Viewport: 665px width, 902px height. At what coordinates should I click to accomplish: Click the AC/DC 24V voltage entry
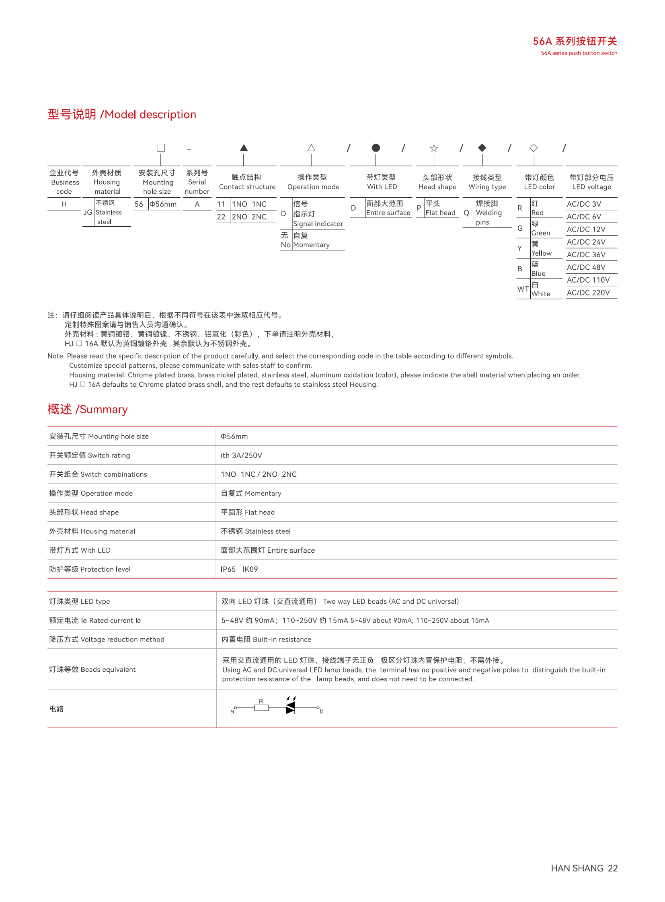tap(586, 242)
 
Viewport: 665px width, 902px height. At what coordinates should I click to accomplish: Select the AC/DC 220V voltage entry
tap(588, 293)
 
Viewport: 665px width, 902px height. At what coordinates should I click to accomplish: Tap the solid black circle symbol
tap(376, 148)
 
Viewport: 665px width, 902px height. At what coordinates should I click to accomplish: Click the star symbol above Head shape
tap(433, 148)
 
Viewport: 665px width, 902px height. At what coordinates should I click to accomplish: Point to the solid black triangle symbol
tap(244, 148)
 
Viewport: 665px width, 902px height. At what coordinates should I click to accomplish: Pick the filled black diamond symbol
tap(482, 148)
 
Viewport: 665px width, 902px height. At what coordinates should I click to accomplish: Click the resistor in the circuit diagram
tap(261, 707)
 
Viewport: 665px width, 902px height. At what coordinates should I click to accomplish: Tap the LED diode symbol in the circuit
tap(290, 707)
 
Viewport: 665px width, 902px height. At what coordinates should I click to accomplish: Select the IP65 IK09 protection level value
tap(239, 569)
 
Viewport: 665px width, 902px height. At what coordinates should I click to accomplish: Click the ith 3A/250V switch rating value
tap(241, 455)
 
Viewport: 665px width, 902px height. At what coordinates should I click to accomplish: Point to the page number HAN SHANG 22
tap(584, 868)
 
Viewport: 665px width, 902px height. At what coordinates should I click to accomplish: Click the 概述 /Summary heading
tap(87, 409)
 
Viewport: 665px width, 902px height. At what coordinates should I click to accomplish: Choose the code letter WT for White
tap(523, 289)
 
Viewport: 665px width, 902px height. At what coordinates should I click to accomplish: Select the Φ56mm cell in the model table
tap(163, 204)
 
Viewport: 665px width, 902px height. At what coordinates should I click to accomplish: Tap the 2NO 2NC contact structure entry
tap(249, 217)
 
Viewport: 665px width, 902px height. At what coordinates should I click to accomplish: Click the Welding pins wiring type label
tap(488, 213)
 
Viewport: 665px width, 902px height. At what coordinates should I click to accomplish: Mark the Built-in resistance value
tap(266, 639)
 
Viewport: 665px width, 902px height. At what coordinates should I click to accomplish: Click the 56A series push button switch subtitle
tap(579, 53)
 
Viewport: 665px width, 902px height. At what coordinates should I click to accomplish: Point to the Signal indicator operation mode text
tap(318, 224)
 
